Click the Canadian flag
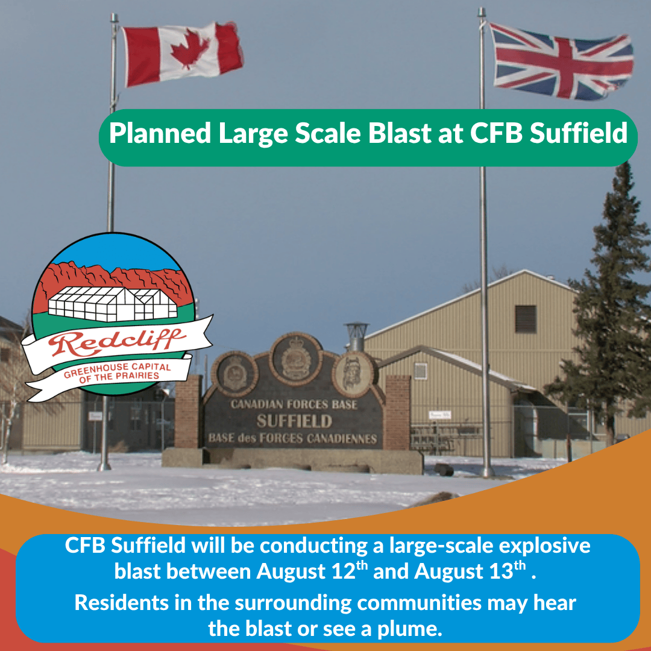183,54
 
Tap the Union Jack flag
561,61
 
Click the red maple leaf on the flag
190,49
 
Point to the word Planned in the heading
160,134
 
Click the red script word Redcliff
116,342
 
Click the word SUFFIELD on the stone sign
294,421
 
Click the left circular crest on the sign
235,374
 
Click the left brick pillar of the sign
188,412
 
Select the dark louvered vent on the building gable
526,319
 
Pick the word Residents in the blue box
122,603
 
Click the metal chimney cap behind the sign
357,336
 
